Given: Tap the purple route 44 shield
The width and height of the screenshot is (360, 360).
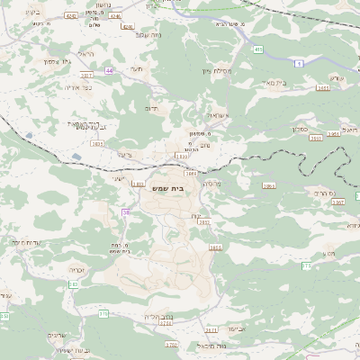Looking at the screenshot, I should (x=109, y=69).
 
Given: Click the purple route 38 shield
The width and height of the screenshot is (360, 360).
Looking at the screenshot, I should (x=126, y=212).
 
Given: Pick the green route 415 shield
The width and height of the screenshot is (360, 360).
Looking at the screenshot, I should (x=258, y=49).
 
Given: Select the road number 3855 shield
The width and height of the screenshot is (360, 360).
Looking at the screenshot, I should (x=215, y=247).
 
